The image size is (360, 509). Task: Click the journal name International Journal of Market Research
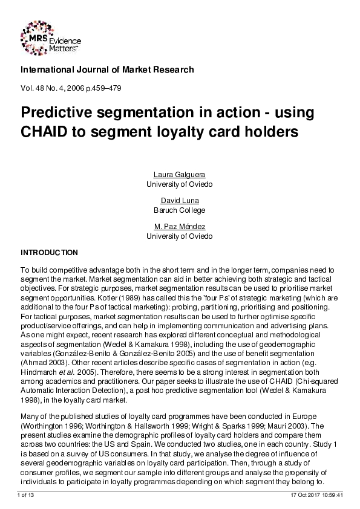[107, 70]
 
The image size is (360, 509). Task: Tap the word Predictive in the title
[60, 112]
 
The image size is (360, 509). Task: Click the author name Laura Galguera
[180, 175]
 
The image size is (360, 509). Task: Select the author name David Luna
[180, 201]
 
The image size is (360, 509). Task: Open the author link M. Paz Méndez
[180, 227]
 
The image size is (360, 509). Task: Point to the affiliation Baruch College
[180, 210]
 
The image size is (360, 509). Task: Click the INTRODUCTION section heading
[49, 251]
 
